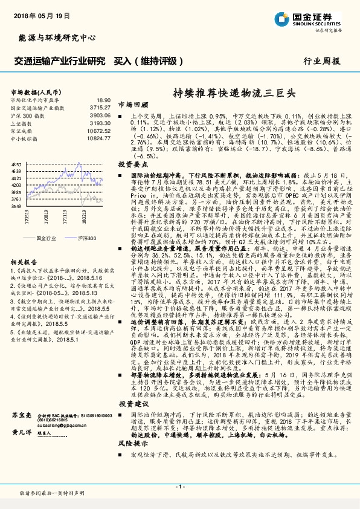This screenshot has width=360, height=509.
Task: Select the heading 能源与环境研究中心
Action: [x=57, y=38]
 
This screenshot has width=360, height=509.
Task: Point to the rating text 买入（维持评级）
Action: [x=149, y=61]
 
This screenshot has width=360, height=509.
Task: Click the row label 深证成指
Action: [x=22, y=130]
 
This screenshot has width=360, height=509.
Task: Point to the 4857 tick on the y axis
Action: [x=17, y=164]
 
